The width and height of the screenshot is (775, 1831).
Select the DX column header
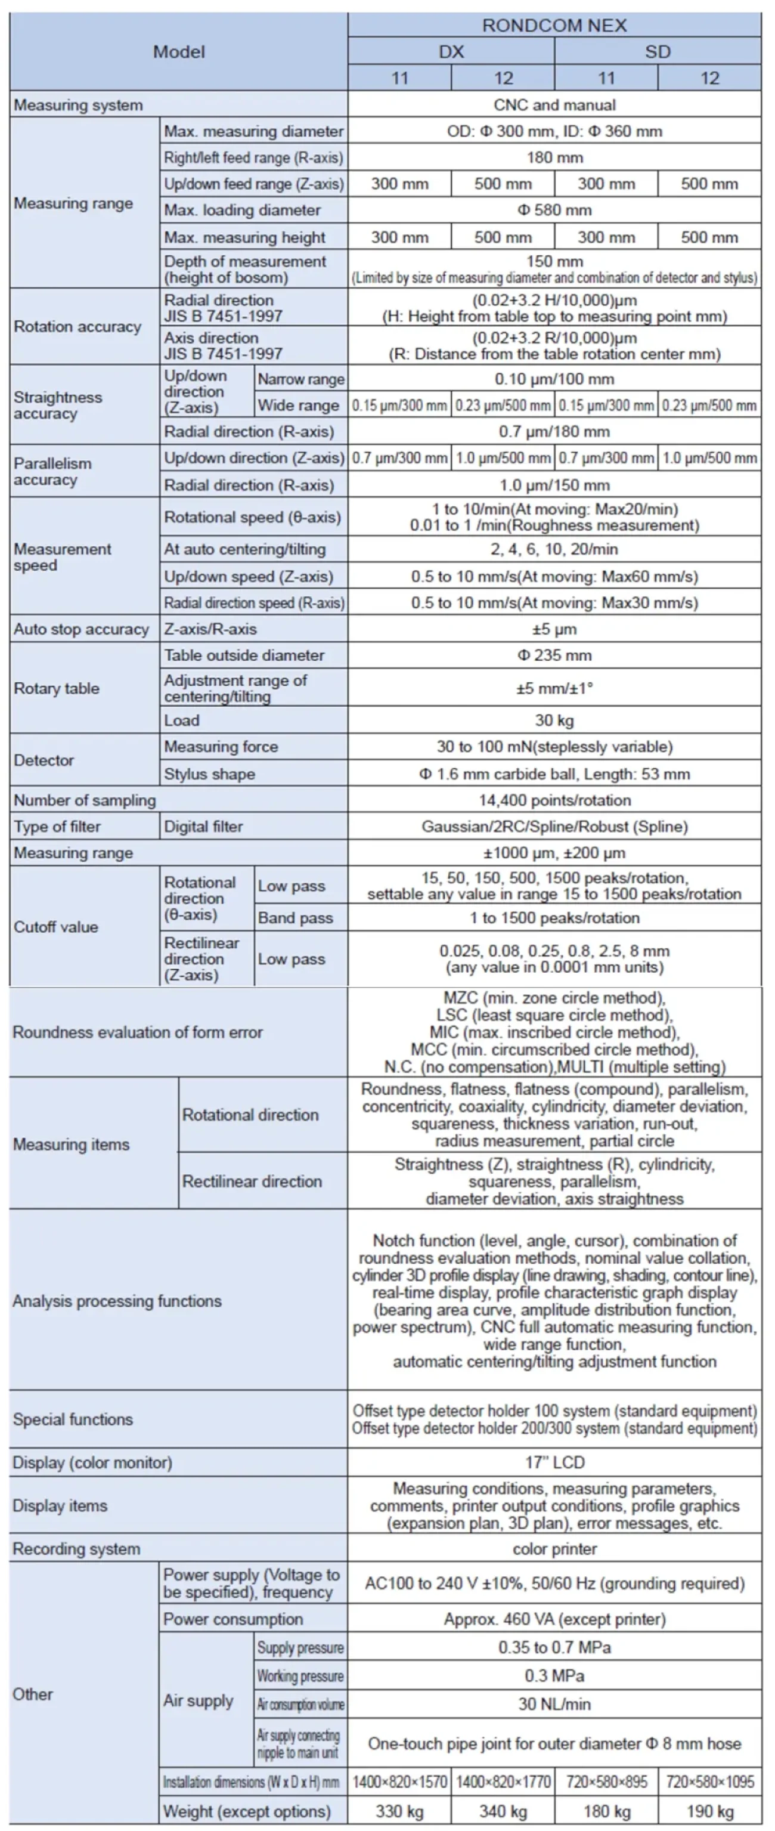[x=451, y=52]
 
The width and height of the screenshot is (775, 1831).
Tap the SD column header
[x=657, y=52]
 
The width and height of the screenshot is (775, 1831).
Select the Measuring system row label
[x=78, y=105]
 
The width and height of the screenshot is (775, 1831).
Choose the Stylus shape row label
[x=210, y=774]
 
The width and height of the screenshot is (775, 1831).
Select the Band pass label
[x=296, y=918]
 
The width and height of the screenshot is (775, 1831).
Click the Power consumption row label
[x=233, y=1619]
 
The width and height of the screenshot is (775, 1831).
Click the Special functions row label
[x=73, y=1419]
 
